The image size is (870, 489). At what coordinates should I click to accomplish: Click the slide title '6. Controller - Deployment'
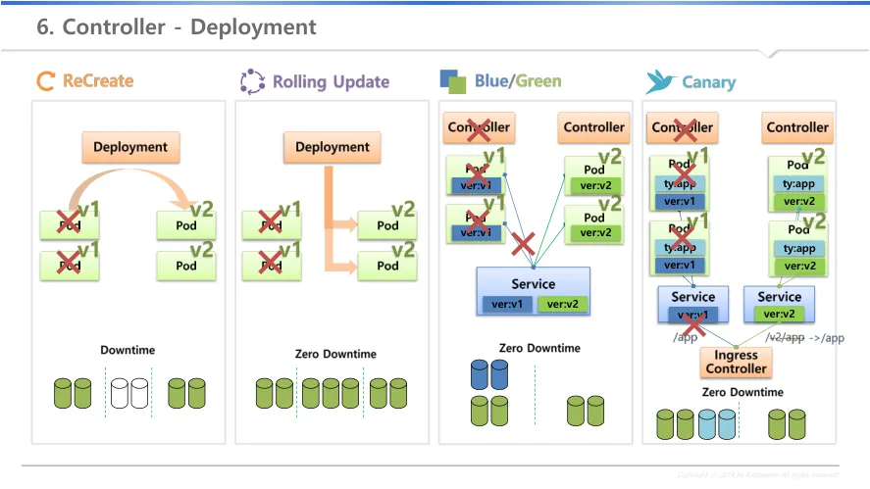coord(177,26)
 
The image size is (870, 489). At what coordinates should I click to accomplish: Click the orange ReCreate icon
coord(45,81)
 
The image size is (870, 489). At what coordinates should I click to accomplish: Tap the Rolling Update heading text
coord(331,82)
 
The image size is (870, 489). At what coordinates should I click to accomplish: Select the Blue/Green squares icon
coord(452,80)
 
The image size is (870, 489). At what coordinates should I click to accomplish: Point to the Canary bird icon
coord(660,81)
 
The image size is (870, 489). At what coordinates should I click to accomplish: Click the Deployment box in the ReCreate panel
coord(130,147)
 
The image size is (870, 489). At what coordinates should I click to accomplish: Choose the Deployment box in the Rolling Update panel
coord(333,147)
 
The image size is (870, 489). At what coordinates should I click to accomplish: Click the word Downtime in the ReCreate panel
coord(128,350)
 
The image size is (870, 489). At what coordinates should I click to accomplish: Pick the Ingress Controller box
coord(736,363)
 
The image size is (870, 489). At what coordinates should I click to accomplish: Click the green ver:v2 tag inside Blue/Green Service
coord(562,304)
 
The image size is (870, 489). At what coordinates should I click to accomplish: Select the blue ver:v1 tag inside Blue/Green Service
coord(505,304)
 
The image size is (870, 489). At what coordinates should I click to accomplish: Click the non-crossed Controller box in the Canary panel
coord(797,127)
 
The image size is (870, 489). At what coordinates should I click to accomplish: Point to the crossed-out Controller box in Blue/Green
coord(479,127)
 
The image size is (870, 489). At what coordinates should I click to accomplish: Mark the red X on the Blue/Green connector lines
coord(523,243)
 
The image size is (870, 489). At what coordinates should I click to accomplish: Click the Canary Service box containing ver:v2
coord(780,303)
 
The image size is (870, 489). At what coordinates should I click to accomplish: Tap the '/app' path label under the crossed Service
coord(685,336)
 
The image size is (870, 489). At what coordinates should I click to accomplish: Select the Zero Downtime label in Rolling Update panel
coord(335,354)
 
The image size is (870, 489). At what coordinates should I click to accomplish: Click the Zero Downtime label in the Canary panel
coord(742,392)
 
